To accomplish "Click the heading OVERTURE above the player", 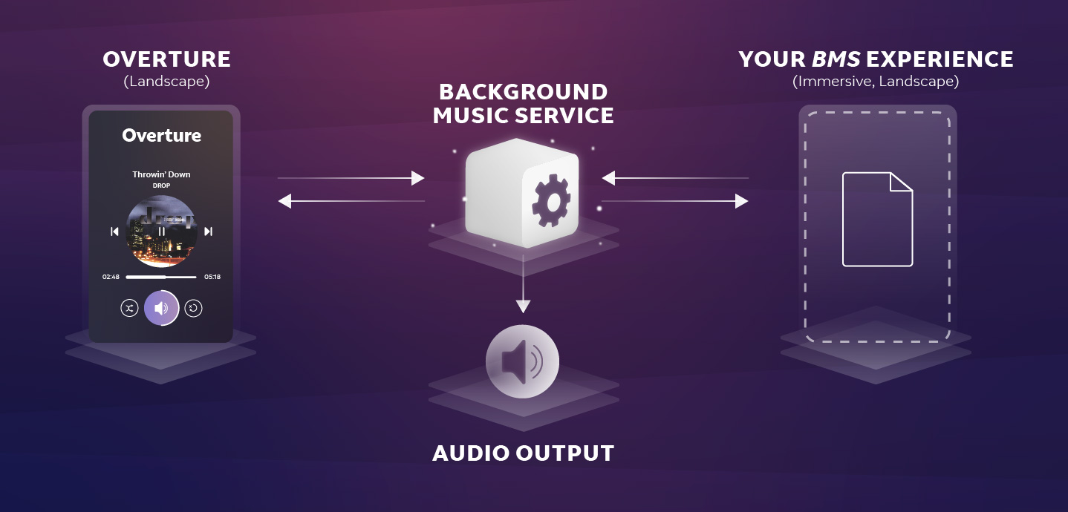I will [x=166, y=59].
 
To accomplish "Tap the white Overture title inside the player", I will [x=161, y=135].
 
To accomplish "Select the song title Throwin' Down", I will [x=161, y=174].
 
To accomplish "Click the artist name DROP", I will [x=161, y=186].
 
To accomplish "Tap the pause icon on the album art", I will [x=161, y=232].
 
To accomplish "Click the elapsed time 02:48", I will [x=111, y=277].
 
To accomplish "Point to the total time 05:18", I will [x=212, y=277].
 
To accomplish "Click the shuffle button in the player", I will [x=129, y=308].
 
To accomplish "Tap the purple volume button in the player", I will [x=161, y=308].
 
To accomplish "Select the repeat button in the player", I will [x=194, y=308].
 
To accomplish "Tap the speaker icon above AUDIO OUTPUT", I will [x=522, y=361].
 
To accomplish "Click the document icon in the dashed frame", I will [x=877, y=219].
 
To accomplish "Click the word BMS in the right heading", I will [x=836, y=59].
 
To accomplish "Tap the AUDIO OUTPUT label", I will [x=523, y=453].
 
